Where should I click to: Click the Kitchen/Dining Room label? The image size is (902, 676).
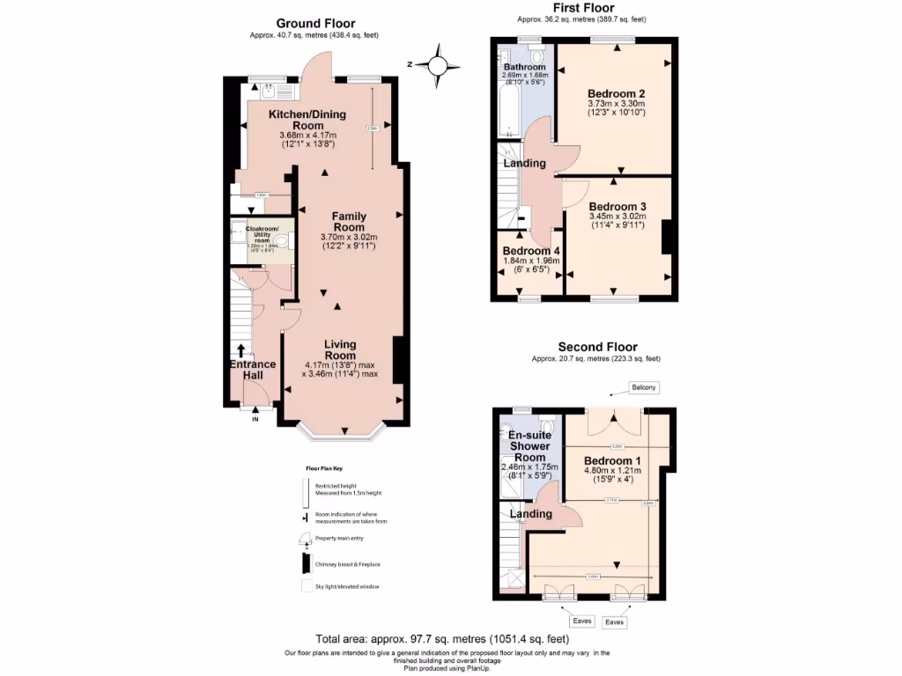[x=307, y=120]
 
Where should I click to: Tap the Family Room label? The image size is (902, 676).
[x=349, y=222]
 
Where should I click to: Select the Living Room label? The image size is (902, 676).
[x=339, y=349]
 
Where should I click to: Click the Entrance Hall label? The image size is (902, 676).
[x=253, y=370]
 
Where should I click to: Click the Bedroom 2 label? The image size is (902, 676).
[x=617, y=93]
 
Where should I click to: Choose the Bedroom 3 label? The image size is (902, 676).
[x=617, y=207]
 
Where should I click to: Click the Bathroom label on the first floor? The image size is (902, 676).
[x=524, y=67]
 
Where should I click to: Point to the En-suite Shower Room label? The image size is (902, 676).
[x=529, y=445]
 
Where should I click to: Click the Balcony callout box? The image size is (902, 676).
[x=644, y=387]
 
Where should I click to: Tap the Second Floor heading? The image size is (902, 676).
[x=597, y=347]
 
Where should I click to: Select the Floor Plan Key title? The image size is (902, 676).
[x=323, y=471]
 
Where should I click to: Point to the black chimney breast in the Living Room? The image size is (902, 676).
[x=398, y=359]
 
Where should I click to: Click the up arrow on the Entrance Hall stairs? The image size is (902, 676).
[x=241, y=350]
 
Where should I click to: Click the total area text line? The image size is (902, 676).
[x=442, y=639]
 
